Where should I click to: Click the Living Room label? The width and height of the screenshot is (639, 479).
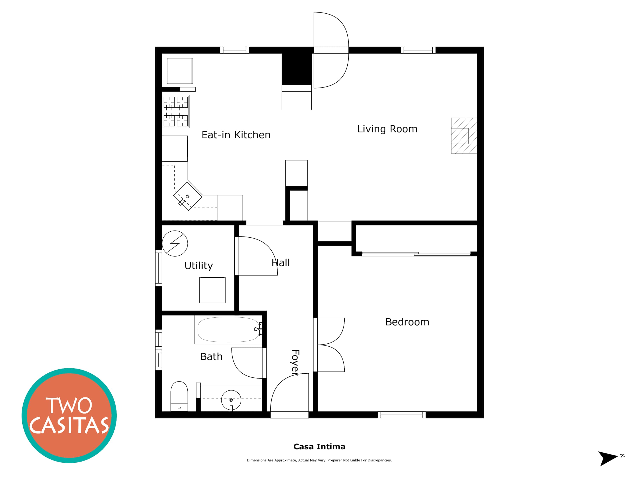[x=387, y=129]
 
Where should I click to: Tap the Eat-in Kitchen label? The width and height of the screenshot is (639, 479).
[x=236, y=135]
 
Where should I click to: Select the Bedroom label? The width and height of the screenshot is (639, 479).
[x=407, y=322]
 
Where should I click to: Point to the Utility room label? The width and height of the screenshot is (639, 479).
[x=199, y=266]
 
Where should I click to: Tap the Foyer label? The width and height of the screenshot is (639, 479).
[x=295, y=363]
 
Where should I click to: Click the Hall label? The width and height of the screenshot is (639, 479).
[x=281, y=263]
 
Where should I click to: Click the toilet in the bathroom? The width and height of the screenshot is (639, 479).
[x=179, y=396]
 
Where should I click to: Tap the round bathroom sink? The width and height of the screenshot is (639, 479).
[x=231, y=400]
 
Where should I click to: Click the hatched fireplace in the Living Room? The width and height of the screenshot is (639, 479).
[x=464, y=136]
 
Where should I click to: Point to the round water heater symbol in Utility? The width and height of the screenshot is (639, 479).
[x=175, y=243]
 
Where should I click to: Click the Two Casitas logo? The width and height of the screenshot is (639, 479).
[x=69, y=416]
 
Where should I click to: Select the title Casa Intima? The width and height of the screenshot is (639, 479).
[x=319, y=447]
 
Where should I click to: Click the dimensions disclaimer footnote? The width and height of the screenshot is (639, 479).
[x=319, y=460]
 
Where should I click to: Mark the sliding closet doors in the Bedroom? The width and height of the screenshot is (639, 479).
[x=416, y=254]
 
